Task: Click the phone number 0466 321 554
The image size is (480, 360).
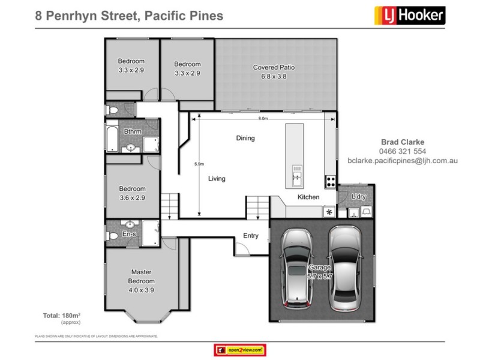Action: (403, 151)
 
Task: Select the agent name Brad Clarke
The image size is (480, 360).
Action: (403, 142)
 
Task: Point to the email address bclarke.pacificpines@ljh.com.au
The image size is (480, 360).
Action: (403, 160)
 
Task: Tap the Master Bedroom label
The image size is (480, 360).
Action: (142, 277)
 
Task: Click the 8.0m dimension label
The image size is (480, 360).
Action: (263, 119)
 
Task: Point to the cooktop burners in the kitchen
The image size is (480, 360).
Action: (330, 180)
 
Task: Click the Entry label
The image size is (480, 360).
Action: (251, 236)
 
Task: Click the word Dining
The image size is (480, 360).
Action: (245, 138)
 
